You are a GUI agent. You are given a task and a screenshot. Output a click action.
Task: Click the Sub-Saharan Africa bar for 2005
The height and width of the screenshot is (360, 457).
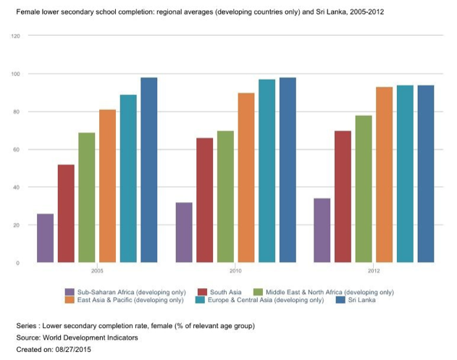click(x=45, y=238)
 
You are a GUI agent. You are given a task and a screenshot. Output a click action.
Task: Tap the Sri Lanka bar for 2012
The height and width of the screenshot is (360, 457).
click(x=426, y=174)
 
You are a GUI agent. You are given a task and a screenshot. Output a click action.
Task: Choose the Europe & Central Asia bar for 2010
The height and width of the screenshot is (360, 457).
click(x=267, y=171)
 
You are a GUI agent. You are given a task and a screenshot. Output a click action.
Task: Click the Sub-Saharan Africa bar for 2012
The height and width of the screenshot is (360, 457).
click(x=322, y=230)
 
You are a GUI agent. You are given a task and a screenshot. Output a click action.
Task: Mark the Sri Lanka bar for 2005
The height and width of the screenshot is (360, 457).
click(x=149, y=170)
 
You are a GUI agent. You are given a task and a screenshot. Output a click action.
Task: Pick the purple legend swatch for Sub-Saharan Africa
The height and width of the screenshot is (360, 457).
click(x=70, y=292)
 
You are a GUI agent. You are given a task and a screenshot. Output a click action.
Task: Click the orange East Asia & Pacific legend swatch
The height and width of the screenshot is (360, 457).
click(x=70, y=301)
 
